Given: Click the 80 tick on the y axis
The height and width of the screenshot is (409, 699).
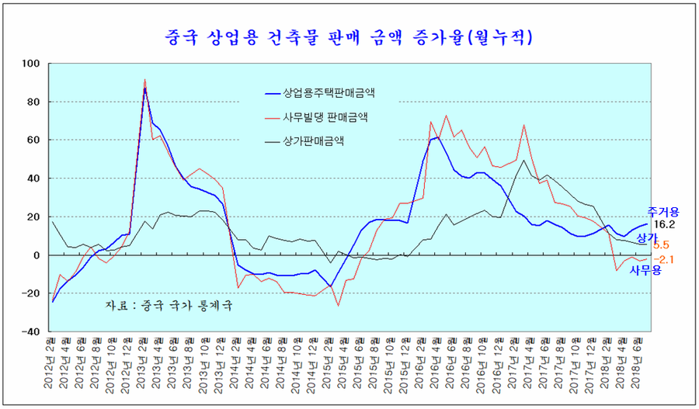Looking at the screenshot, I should click(34, 102).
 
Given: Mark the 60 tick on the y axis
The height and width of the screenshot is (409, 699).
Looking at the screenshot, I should click(34, 140).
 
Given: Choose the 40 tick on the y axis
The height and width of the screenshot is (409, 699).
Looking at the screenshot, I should click(34, 178).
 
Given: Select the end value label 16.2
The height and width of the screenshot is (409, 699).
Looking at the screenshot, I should click(665, 224).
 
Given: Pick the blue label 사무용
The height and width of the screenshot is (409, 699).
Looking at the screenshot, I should click(644, 269).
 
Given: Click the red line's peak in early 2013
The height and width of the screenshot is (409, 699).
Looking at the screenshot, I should click(145, 79).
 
